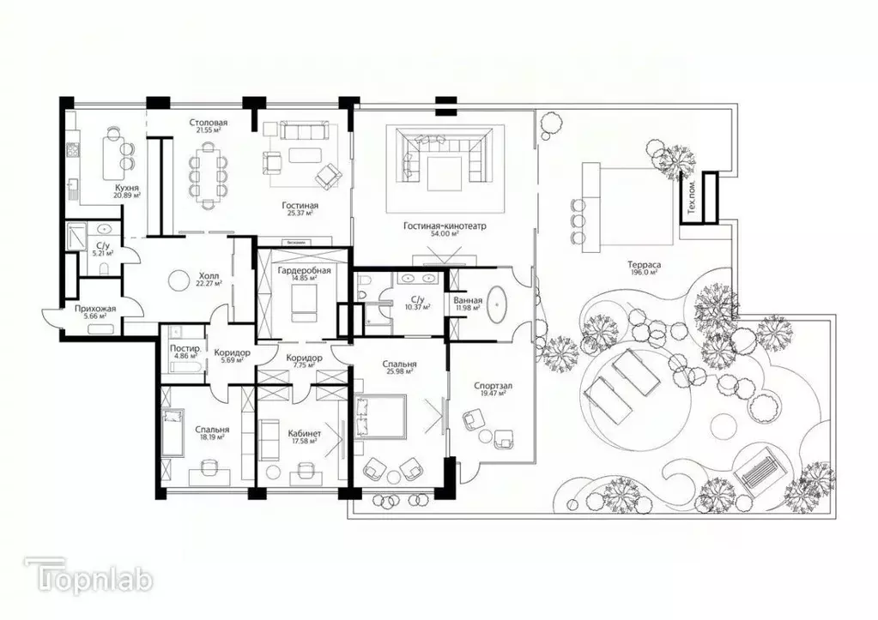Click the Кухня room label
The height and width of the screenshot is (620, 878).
click(127, 186)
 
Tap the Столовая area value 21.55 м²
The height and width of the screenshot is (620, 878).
click(209, 131)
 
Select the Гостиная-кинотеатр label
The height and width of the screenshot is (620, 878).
click(445, 226)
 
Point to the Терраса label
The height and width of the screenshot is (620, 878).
click(642, 266)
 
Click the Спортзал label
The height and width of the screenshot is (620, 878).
click(493, 386)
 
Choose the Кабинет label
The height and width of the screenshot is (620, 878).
click(304, 434)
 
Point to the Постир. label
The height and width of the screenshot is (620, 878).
click(185, 349)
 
